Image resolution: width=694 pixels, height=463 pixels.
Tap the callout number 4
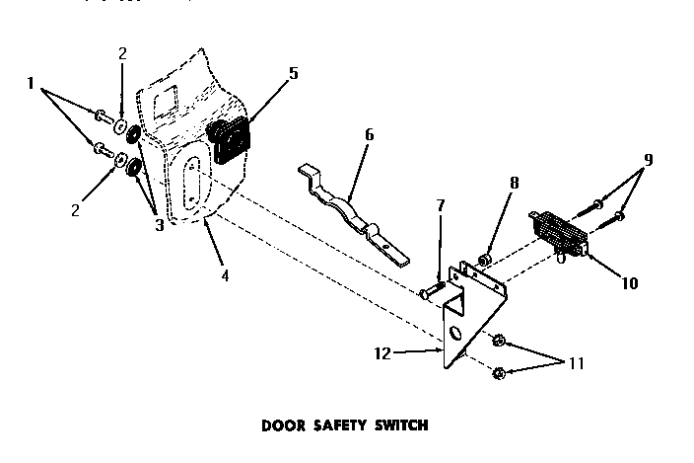(x=225, y=275)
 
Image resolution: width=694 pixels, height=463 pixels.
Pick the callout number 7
(x=440, y=204)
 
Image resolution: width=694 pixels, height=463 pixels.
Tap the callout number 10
(x=630, y=283)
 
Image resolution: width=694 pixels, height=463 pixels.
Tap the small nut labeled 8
(x=484, y=260)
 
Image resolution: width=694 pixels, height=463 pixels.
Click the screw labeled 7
(x=431, y=290)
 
